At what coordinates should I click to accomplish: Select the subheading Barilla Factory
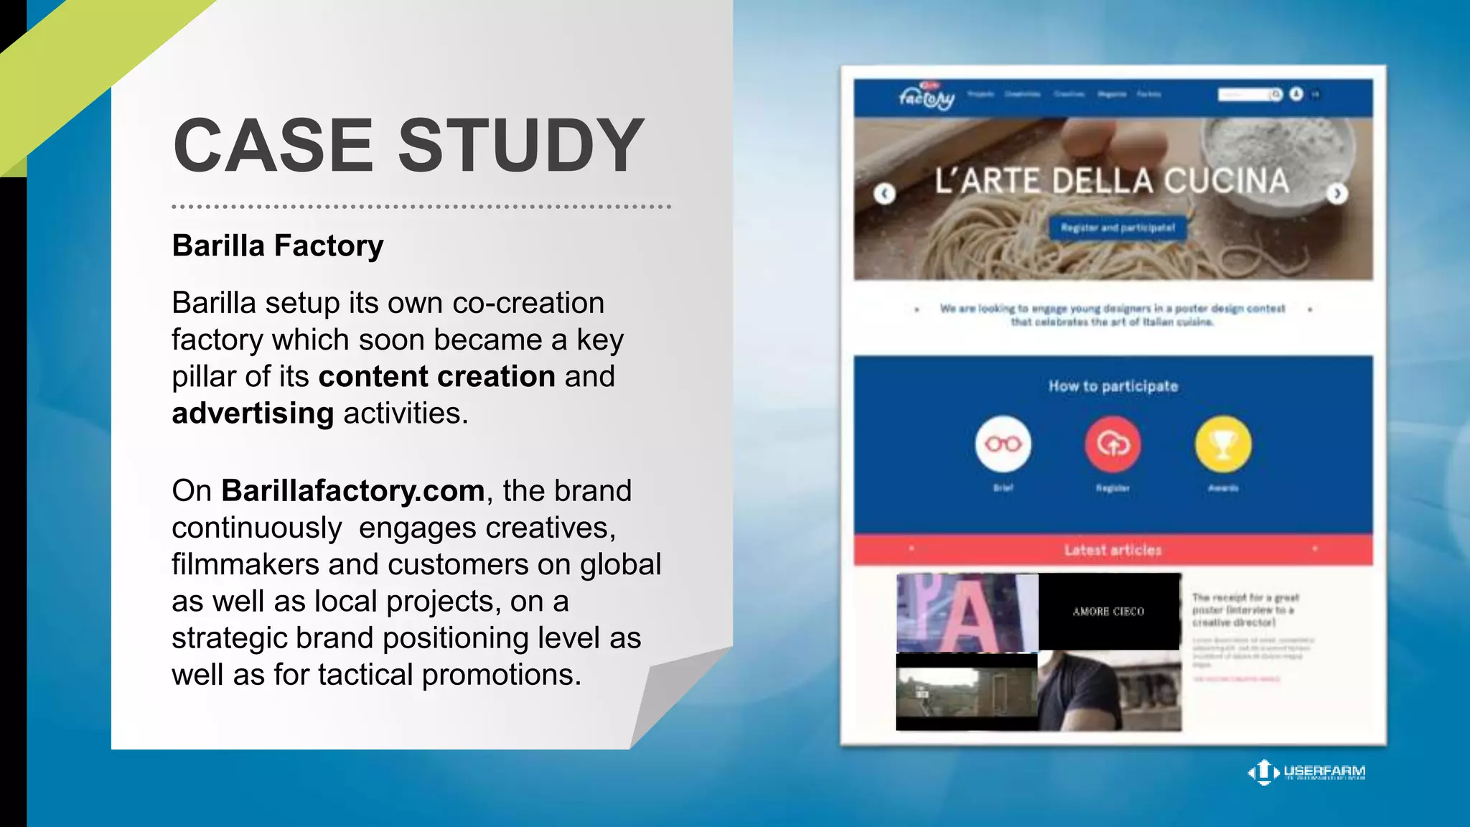point(278,246)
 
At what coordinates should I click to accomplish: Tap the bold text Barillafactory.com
point(352,491)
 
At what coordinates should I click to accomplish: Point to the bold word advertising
point(253,413)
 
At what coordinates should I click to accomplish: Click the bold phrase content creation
point(436,377)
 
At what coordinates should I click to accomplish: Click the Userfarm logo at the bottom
point(1306,772)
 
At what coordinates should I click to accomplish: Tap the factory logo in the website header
point(927,96)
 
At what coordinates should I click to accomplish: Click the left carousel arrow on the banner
point(884,193)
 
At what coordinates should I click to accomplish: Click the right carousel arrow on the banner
point(1336,193)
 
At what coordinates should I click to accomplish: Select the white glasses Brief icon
point(1003,444)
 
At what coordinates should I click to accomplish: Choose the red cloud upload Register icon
point(1113,444)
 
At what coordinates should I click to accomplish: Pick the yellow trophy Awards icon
point(1223,444)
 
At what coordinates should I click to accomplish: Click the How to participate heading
point(1113,386)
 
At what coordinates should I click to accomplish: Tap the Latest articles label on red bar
point(1113,550)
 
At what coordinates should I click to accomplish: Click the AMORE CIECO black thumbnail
point(1109,611)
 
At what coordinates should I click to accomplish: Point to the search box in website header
point(1245,95)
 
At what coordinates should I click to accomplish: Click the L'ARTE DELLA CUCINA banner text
point(1111,181)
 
